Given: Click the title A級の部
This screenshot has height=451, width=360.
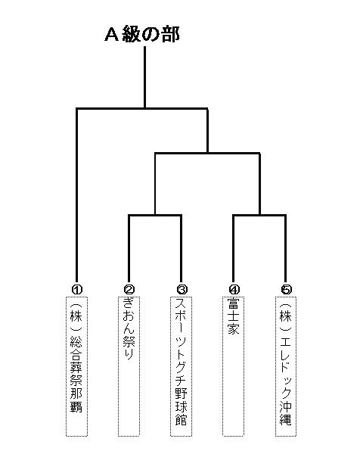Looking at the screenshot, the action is pos(142,35).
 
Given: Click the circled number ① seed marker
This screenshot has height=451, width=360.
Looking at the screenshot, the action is pos(77,289).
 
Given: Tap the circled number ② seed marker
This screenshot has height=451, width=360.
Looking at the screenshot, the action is pos(129,289).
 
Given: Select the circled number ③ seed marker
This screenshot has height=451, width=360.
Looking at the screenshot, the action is pos(182,289).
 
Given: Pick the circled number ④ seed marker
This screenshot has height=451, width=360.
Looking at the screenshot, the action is pos(234,289).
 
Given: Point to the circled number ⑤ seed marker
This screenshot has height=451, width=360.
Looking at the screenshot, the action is pos(286,289).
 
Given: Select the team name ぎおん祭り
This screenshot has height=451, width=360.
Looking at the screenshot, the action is pos(129,328).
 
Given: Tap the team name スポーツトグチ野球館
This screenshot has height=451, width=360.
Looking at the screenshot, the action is pos(182,362).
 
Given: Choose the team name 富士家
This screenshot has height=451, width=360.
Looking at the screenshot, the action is pos(233,316).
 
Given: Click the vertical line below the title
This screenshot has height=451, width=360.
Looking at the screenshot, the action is pos(144,77).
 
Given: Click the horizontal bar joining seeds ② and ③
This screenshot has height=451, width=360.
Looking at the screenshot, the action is pos(155,215).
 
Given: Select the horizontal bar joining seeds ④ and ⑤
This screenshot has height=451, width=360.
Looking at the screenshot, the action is pos(259,215).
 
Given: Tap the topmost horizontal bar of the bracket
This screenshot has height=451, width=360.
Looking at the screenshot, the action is pos(141,108).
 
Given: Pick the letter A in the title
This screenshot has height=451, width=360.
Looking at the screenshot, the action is pos(112,35).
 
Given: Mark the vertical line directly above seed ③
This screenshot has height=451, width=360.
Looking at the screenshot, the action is pos(182,250).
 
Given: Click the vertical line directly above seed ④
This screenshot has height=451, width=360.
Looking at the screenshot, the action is pos(234,250).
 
